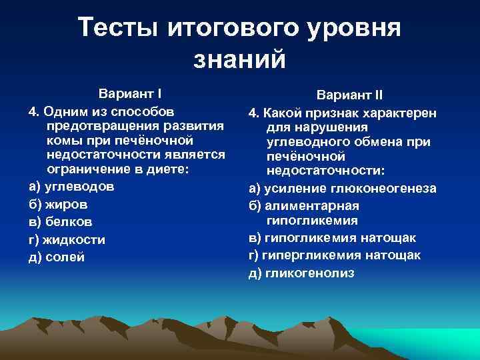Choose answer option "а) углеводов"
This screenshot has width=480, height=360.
72,186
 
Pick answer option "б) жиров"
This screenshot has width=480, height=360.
58,204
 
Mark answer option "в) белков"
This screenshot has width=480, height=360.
61,221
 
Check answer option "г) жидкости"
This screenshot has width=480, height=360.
67,239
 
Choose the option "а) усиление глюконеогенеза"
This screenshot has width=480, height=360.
343,189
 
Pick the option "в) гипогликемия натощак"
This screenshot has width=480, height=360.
332,238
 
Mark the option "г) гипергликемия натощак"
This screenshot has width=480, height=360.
335,255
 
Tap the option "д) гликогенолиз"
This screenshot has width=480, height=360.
301,273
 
